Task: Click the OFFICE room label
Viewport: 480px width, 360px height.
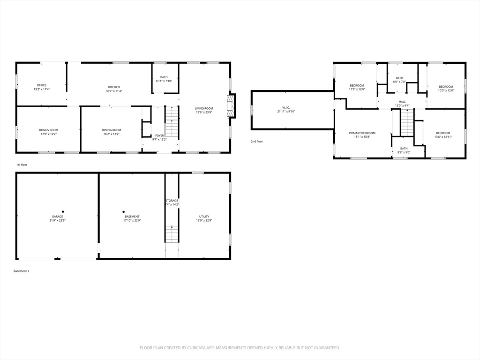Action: [x=42, y=85]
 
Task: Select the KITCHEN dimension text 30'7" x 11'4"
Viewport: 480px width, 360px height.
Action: [x=114, y=91]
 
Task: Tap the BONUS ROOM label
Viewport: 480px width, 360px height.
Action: [x=48, y=130]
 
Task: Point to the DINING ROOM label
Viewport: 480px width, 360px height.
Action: [x=111, y=130]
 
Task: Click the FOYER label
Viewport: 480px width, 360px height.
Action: [x=159, y=135]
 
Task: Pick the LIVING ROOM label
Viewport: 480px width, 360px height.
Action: [x=204, y=108]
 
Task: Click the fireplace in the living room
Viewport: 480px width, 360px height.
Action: [x=231, y=106]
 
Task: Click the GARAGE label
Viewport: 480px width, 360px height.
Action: [x=58, y=217]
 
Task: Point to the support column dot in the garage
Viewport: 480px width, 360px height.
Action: [x=63, y=211]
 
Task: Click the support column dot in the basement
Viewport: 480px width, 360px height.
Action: [x=124, y=211]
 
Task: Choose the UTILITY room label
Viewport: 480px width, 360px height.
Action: [x=204, y=217]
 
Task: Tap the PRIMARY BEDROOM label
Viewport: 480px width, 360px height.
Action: [x=362, y=133]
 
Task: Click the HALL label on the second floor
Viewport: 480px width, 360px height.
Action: [x=402, y=102]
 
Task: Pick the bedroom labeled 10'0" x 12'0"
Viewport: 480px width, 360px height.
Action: [x=446, y=87]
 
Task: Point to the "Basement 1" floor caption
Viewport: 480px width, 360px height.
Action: [x=22, y=271]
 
